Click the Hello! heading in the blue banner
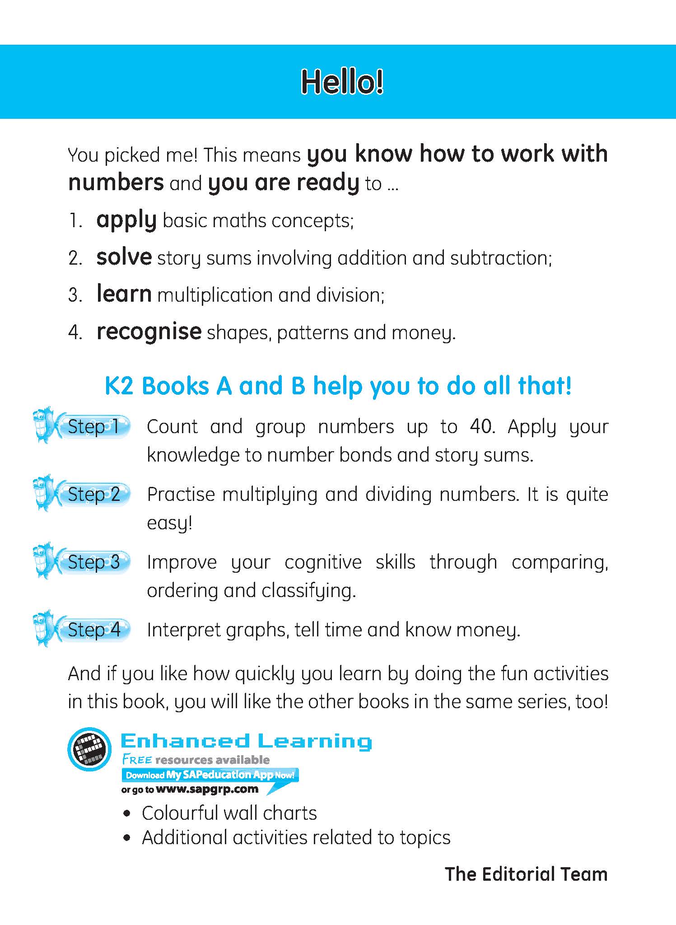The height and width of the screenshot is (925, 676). (342, 82)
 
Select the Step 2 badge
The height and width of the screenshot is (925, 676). (93, 495)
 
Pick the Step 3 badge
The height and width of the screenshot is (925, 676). (93, 562)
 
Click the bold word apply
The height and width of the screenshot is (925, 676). (126, 221)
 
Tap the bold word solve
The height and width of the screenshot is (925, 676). (124, 257)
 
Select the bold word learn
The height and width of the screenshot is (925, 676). (124, 294)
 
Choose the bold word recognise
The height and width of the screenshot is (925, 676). (149, 332)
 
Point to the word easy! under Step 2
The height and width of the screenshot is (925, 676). (170, 523)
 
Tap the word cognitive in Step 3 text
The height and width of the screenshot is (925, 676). (323, 562)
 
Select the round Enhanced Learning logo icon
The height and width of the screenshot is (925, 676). (89, 749)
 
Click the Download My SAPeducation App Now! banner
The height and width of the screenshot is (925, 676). (210, 775)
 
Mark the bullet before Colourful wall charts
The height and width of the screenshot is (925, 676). (128, 813)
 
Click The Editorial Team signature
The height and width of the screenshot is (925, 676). (526, 874)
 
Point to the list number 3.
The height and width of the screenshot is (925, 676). (74, 295)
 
